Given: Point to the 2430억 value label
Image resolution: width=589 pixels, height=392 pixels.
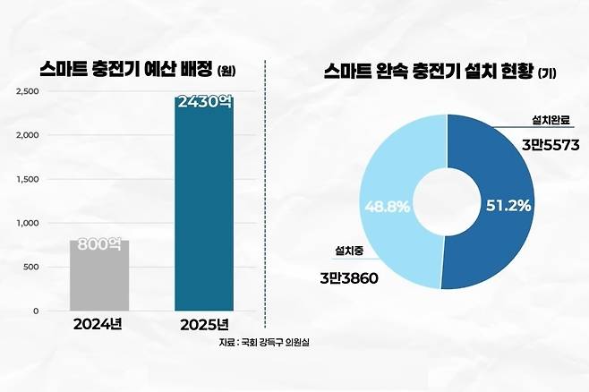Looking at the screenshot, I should point(203,103).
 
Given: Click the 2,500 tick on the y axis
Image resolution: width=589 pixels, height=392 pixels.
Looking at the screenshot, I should point(28,91).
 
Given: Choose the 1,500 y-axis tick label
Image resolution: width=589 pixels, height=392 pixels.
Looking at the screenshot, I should point(28,179).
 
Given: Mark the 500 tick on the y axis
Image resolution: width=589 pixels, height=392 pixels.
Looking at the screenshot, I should point(31,267).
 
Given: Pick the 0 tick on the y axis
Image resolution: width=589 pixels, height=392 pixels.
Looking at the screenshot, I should point(36,311).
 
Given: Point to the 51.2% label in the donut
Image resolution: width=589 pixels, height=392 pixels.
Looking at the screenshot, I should point(508,206).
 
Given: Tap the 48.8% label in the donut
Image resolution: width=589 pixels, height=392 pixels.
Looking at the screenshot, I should point(388,206).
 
